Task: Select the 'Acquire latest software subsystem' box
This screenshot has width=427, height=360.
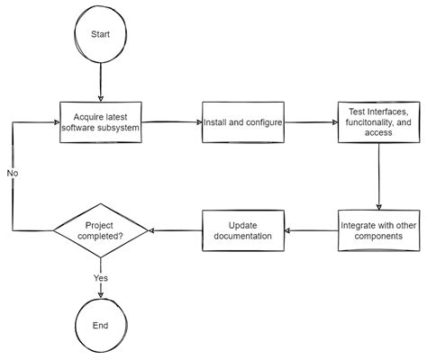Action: [x=101, y=121]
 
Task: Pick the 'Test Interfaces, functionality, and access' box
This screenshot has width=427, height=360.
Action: [x=378, y=121]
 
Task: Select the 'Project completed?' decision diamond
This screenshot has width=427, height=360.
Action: [x=101, y=230]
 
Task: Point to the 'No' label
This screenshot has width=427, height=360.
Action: [x=13, y=172]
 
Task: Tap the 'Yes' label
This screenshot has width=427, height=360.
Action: [x=101, y=278]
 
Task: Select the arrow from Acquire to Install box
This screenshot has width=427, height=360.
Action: [x=173, y=121]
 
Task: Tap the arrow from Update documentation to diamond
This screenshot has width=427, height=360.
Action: [x=175, y=230]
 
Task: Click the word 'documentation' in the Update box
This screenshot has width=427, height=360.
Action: [x=242, y=236]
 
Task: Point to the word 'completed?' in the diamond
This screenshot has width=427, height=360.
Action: [x=101, y=237]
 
